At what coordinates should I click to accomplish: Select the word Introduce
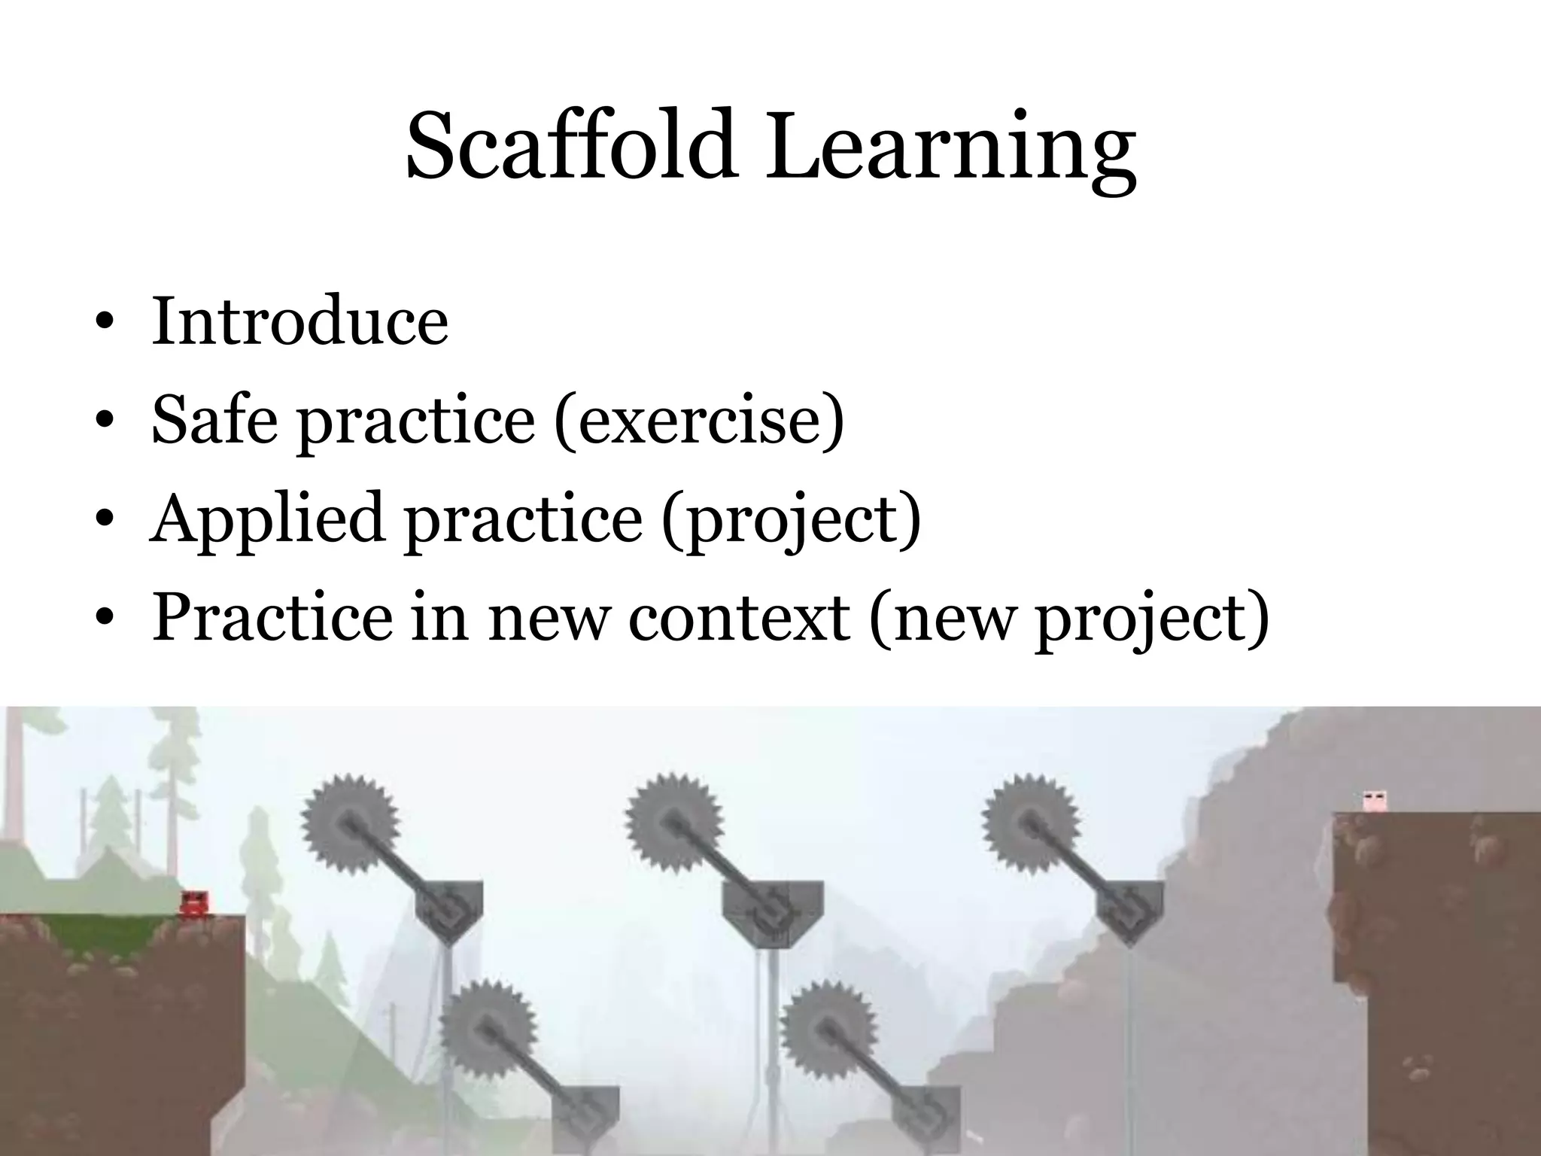click(x=299, y=321)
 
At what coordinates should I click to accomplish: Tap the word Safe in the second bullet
click(x=215, y=418)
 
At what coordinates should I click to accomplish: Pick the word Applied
click(x=266, y=520)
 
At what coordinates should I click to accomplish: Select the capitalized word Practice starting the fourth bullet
click(x=272, y=618)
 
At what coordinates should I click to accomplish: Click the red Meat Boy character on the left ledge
click(x=194, y=903)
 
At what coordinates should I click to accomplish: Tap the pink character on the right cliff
click(x=1374, y=801)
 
